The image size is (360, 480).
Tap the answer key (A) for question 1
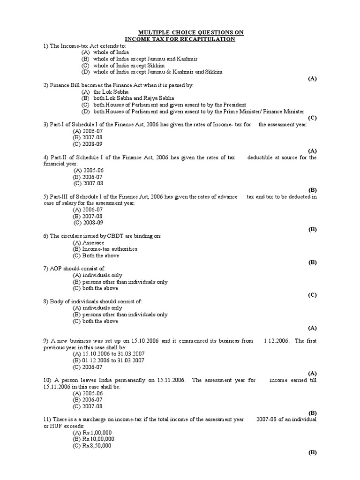tap(312, 78)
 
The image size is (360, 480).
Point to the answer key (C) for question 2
tap(312, 118)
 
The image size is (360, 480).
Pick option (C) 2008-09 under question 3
tap(87, 144)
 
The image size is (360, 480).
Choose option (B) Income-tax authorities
tap(105, 249)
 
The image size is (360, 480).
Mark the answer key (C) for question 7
tap(312, 295)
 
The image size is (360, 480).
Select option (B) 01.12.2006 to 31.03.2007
tap(108, 360)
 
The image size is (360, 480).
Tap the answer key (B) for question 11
tap(312, 452)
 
